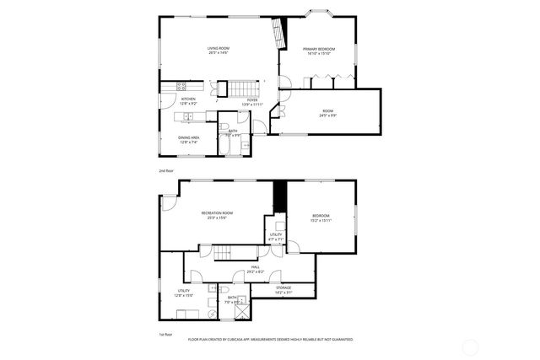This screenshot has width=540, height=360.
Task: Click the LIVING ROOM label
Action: coord(218,48)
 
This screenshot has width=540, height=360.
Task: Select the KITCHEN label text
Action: coord(188,99)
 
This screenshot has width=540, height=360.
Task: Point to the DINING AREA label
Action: coord(188,137)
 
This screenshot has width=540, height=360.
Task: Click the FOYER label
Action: coord(252,99)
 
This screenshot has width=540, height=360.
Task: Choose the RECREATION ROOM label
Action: coord(217,212)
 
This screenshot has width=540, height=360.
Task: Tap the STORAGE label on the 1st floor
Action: coord(283,287)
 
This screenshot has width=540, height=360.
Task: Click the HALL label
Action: coord(255,267)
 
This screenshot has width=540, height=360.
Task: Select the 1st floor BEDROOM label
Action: coord(321,216)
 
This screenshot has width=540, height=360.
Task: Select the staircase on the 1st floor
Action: coord(221,254)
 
